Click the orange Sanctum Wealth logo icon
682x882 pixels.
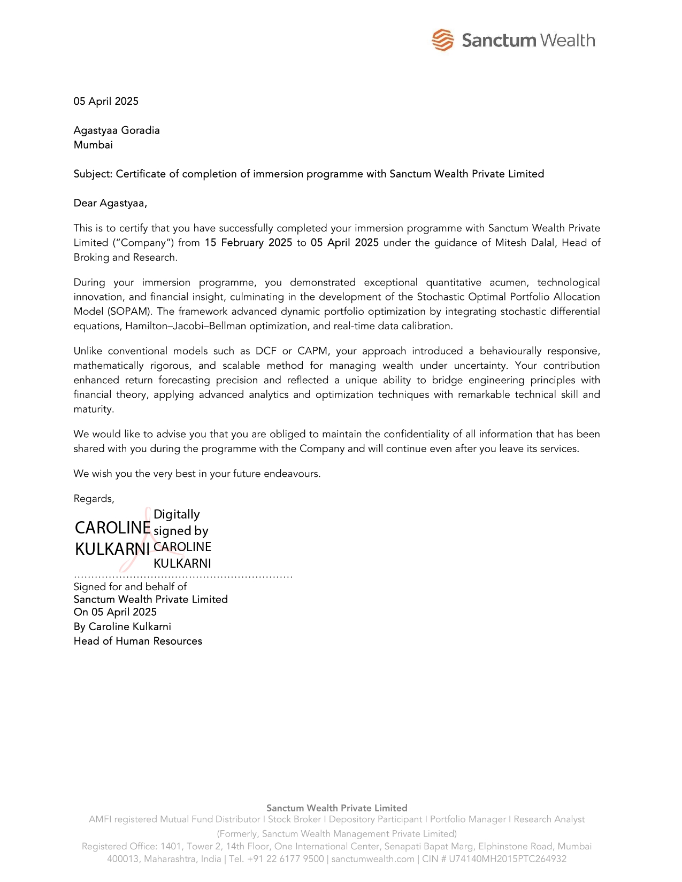coord(442,40)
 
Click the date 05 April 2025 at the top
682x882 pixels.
coord(106,102)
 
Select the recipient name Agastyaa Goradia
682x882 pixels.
coord(117,130)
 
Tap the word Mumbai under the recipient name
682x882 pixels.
coord(93,145)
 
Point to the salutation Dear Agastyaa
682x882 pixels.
coord(110,203)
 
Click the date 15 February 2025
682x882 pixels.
coord(248,243)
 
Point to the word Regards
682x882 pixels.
coord(94,499)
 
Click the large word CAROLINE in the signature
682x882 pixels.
coord(112,528)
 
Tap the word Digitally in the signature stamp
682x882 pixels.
coord(177,514)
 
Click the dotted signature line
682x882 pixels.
coord(183,577)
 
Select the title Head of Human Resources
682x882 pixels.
coord(137,641)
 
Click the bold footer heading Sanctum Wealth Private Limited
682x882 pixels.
coord(336,808)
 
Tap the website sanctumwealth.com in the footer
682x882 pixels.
coord(373,859)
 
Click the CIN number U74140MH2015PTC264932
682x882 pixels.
coord(507,859)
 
